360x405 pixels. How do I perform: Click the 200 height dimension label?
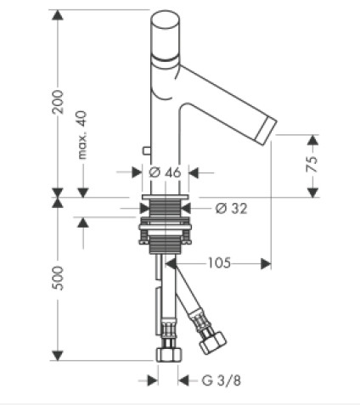pos(58,102)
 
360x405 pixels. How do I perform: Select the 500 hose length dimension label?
pos(58,278)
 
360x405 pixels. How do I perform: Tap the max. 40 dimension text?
pos(82,135)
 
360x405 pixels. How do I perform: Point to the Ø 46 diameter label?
pos(165,172)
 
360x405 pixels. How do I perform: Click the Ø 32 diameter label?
pos(231,209)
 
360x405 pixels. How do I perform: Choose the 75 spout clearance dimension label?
pos(312,164)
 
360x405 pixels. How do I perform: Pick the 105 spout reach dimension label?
pos(219,263)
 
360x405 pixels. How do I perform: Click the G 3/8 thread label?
pos(221,380)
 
